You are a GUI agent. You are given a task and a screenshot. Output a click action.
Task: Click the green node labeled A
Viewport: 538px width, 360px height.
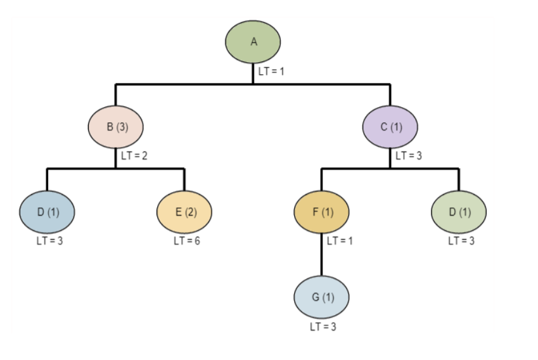[253, 42]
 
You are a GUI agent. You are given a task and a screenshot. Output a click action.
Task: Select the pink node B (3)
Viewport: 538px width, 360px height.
[115, 127]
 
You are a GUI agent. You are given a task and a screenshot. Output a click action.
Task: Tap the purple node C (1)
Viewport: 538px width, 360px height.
[390, 127]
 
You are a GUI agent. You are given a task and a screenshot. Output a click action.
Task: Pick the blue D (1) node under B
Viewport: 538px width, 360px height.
[47, 211]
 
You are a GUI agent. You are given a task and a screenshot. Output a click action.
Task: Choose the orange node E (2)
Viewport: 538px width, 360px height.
[184, 211]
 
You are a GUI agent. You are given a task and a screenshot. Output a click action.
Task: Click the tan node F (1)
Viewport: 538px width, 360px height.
[321, 211]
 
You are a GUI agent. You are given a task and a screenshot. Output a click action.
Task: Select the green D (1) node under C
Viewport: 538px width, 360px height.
[459, 211]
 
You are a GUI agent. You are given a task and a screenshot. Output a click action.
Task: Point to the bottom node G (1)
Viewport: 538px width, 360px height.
[321, 297]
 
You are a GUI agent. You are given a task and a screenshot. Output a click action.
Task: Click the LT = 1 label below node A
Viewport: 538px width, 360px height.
[271, 71]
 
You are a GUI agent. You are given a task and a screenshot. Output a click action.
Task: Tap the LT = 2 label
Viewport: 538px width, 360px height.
[134, 156]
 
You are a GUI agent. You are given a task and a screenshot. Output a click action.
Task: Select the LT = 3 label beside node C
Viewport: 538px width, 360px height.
[409, 156]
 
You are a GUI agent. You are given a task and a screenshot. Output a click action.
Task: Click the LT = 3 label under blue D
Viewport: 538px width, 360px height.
[49, 241]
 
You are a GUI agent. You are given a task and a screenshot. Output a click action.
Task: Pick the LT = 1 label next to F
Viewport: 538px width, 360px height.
[340, 241]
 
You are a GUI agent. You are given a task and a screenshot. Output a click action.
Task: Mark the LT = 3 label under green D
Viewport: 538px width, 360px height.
[461, 241]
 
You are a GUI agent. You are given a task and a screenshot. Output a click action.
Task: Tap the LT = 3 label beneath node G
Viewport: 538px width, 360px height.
[323, 326]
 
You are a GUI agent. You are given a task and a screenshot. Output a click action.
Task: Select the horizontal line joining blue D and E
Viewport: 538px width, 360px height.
[82, 169]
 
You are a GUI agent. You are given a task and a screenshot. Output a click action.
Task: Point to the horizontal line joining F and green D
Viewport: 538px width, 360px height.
[425, 169]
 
